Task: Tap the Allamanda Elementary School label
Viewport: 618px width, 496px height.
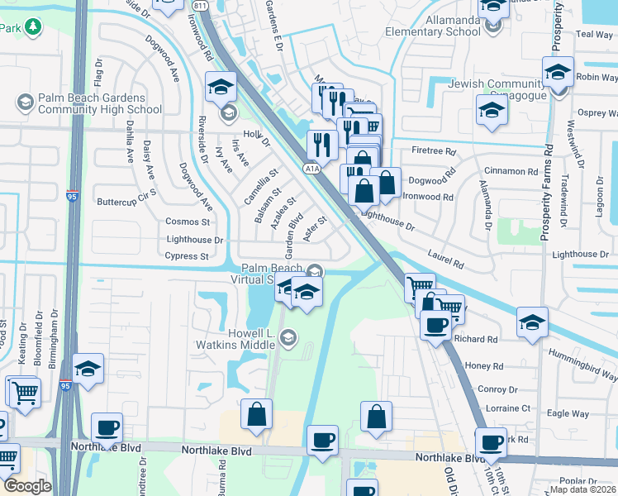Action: tap(432, 26)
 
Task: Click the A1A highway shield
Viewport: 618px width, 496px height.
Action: tap(311, 169)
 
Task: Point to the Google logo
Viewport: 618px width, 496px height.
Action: tap(27, 486)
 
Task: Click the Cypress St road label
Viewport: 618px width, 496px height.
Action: tap(187, 256)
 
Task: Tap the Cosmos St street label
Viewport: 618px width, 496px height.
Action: tap(187, 222)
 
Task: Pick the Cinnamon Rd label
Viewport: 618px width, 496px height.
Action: tap(510, 171)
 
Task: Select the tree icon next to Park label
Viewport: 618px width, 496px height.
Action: tap(33, 28)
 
